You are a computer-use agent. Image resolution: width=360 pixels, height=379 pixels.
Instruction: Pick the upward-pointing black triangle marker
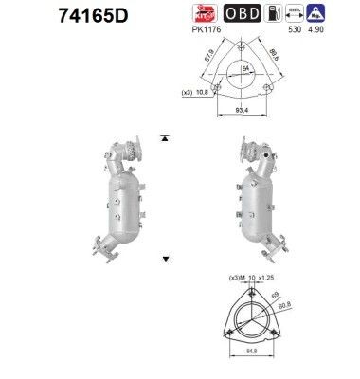(x=165, y=138)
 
